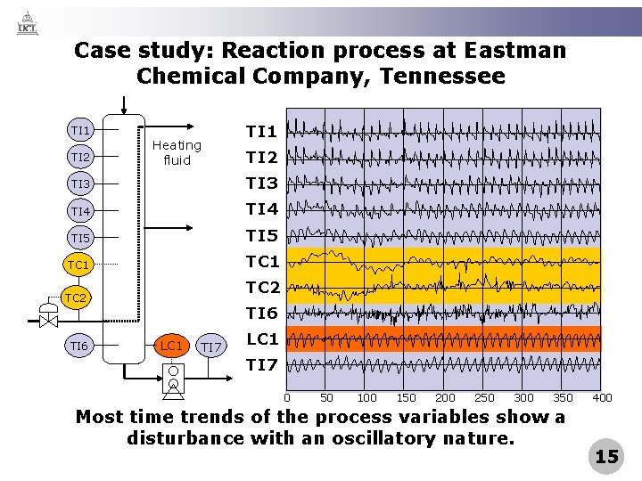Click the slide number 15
point(606,457)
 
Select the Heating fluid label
point(177,152)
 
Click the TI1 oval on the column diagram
point(80,131)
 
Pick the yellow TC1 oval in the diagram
point(78,265)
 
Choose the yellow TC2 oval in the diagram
point(76,298)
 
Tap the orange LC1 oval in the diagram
point(170,345)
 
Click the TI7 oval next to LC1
point(210,346)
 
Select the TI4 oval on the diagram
point(80,211)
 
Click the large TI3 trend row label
point(261,183)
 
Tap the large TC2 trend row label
point(262,288)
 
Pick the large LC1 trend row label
point(262,339)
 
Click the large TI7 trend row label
point(261,364)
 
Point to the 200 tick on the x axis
point(445,398)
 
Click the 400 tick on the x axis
point(602,398)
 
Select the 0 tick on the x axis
point(286,398)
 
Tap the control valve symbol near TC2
point(45,317)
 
